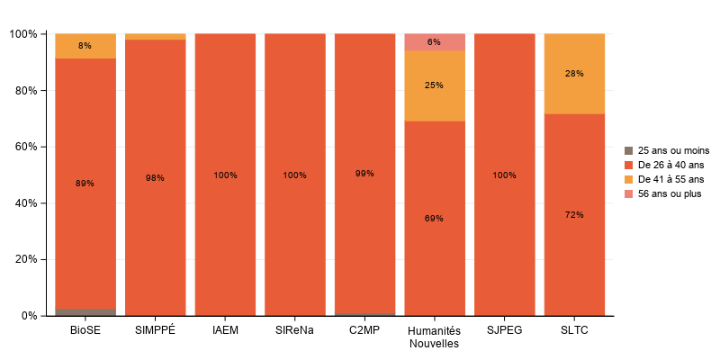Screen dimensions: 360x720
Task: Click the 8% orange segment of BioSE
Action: coord(85,46)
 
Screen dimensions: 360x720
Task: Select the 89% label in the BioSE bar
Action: coord(85,184)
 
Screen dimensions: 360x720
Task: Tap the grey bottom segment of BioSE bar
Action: coord(85,311)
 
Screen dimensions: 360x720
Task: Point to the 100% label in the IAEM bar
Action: coord(225,175)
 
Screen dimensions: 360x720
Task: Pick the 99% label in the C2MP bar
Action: coord(364,174)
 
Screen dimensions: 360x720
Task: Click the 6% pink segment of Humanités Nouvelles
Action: coord(435,42)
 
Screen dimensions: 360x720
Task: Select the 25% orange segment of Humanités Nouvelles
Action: coord(435,85)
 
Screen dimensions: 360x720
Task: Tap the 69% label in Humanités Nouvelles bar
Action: coord(435,219)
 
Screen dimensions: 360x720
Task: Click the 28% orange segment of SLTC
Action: coord(574,74)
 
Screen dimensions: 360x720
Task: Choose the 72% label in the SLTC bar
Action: coord(574,215)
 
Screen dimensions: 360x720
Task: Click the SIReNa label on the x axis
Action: coord(294,330)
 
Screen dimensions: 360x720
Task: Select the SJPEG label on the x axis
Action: coord(504,330)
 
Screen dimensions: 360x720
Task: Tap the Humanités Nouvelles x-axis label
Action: coord(435,337)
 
